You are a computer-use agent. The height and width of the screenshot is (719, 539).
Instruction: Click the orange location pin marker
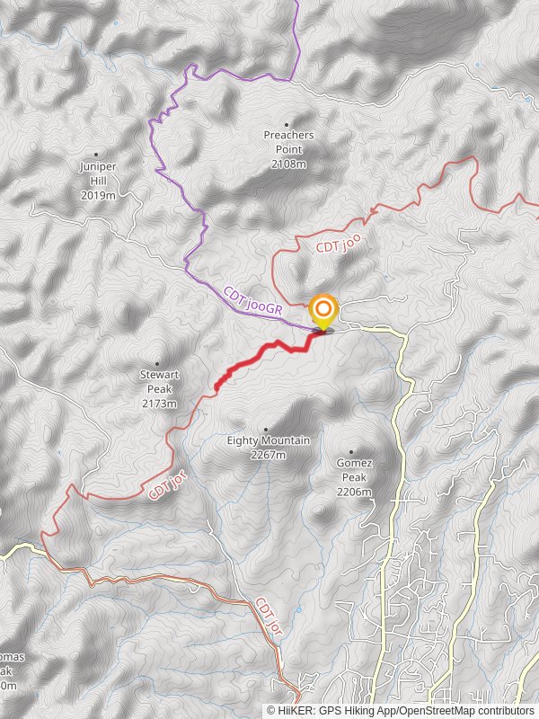[x=323, y=311]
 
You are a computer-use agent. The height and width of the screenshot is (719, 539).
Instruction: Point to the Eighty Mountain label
[x=268, y=440]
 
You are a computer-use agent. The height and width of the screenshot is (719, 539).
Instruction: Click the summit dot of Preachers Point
[x=287, y=125]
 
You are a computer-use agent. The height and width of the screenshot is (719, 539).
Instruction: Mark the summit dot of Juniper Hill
[x=96, y=155]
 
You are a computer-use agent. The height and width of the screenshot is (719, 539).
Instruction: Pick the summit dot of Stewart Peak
[x=159, y=365]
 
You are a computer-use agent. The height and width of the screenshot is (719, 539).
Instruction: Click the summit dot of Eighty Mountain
[x=266, y=430]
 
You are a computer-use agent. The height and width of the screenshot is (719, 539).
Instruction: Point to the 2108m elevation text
[x=288, y=164]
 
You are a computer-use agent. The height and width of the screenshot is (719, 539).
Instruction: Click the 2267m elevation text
[x=268, y=455]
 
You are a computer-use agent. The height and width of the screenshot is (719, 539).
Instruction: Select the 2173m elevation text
[x=159, y=404]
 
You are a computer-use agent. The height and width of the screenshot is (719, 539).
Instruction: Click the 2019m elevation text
[x=98, y=195]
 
